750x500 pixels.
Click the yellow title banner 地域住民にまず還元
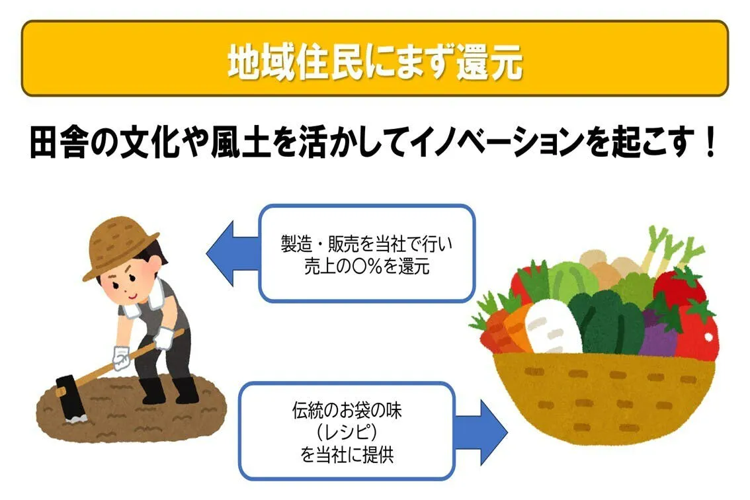(x=374, y=59)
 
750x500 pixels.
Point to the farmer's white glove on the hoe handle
(x=121, y=358)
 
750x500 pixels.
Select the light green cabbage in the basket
(x=571, y=280)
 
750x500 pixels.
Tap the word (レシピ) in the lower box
(x=347, y=433)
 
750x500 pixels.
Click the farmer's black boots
(x=169, y=390)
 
